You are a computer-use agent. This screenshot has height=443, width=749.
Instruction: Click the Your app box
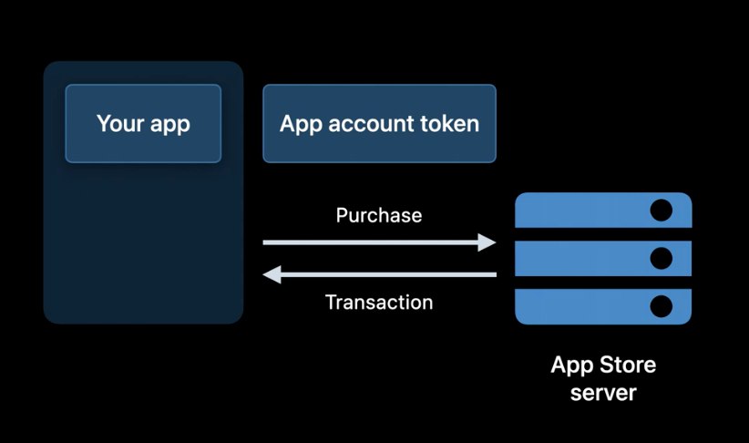143,123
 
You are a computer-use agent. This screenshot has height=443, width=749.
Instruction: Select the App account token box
379,123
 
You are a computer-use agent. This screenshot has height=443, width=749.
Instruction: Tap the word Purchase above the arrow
379,216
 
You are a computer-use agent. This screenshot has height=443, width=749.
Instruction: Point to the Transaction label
379,302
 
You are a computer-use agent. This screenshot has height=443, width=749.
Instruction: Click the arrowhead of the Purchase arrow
487,242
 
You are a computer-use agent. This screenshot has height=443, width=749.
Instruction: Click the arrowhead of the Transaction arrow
272,274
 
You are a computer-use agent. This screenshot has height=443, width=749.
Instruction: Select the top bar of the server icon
583,211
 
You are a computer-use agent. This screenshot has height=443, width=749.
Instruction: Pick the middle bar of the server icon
583,258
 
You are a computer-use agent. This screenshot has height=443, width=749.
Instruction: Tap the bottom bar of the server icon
583,306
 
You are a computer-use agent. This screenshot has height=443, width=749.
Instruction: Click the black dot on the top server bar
661,211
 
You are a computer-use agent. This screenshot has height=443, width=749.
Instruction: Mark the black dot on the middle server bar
661,258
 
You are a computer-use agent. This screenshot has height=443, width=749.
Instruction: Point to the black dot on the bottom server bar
661,306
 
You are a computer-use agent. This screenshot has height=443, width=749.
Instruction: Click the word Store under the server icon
628,366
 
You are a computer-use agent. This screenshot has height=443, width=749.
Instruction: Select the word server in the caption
603,394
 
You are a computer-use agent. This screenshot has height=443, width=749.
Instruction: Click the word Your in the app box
119,123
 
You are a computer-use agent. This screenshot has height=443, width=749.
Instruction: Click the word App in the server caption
571,366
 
